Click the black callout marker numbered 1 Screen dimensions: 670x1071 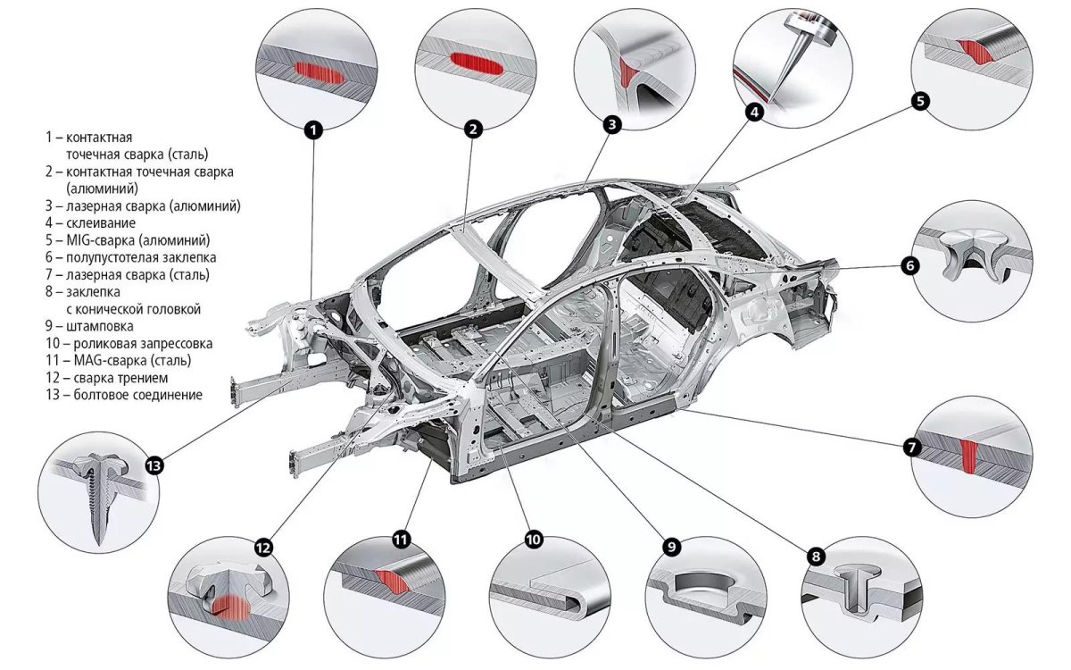pyautogui.click(x=312, y=130)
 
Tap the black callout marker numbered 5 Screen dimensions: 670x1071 pyautogui.click(x=921, y=101)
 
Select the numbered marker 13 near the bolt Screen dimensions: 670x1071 pyautogui.click(x=154, y=465)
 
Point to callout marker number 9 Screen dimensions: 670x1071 pyautogui.click(x=671, y=546)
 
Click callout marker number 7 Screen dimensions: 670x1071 pyautogui.click(x=911, y=448)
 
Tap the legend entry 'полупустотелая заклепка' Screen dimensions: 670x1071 pyautogui.click(x=134, y=257)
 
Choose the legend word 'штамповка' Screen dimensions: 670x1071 pyautogui.click(x=98, y=326)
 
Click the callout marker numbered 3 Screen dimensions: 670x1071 pyautogui.click(x=611, y=125)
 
